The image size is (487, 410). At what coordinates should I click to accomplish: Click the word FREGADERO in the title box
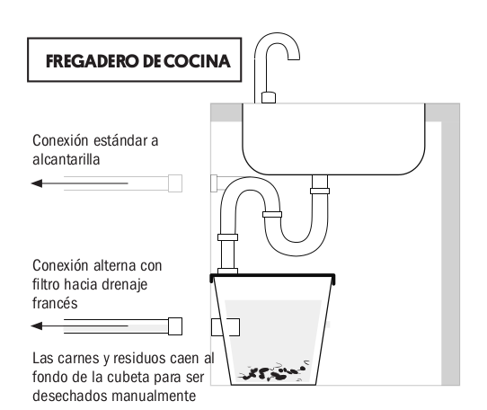(92, 61)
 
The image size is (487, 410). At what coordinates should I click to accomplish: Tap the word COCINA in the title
(197, 61)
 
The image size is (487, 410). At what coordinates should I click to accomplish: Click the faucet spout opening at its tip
(294, 59)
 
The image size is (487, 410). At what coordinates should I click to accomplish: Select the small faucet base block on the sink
(269, 97)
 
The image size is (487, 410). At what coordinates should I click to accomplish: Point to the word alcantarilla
(66, 159)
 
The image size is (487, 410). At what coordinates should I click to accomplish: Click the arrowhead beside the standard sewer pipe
(37, 183)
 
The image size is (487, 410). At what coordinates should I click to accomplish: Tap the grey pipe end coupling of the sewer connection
(175, 183)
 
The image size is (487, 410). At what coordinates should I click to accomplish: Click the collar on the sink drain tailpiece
(320, 191)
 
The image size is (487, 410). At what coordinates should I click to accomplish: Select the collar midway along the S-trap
(272, 214)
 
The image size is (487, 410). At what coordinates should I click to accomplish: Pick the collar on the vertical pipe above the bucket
(227, 237)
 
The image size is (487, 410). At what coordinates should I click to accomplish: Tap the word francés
(55, 303)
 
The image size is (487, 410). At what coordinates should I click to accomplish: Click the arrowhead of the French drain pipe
(37, 325)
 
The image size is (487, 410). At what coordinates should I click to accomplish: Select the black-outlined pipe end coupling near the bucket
(175, 326)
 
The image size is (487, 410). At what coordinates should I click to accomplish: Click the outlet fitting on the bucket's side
(226, 327)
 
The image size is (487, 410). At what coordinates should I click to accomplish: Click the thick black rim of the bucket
(272, 276)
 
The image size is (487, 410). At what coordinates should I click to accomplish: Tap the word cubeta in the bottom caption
(128, 378)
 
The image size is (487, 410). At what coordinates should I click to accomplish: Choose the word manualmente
(154, 396)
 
